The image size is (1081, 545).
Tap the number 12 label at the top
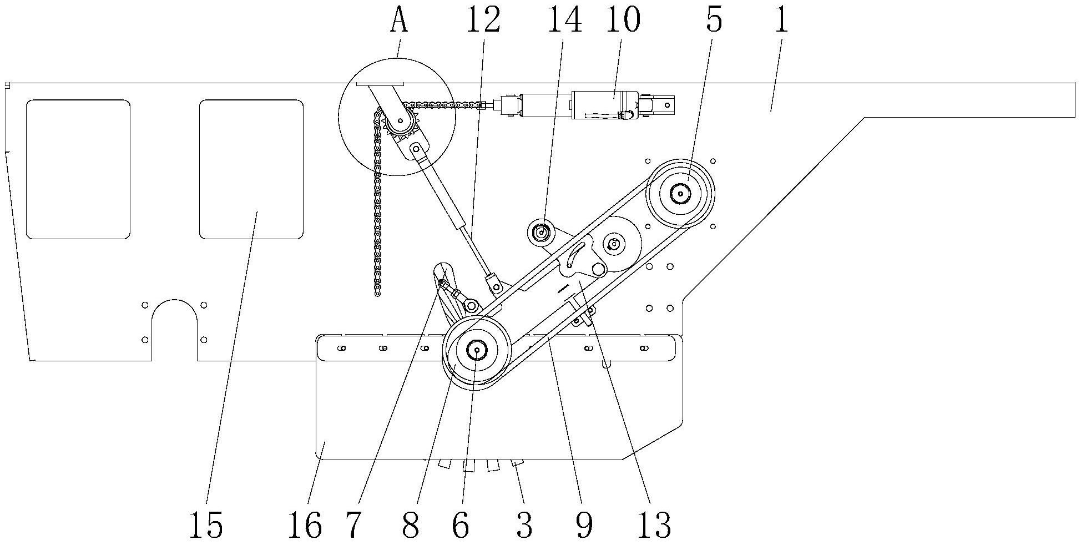[x=483, y=21]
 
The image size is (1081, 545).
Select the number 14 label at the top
[x=564, y=21]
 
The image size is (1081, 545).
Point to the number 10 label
[x=623, y=21]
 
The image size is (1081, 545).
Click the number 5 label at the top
[x=714, y=21]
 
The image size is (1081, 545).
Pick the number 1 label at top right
[x=781, y=21]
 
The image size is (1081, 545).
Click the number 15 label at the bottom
[x=206, y=524]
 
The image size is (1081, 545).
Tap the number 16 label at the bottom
[x=305, y=524]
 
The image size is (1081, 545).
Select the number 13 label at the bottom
[x=655, y=524]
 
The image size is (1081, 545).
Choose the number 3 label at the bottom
[x=524, y=524]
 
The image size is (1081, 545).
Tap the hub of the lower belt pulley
[x=476, y=350]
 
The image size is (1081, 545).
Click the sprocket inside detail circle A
[x=400, y=121]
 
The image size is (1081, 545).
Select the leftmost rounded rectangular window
[x=78, y=169]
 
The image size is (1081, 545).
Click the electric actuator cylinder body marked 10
[x=605, y=104]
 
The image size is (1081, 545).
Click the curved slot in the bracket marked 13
[x=577, y=255]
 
